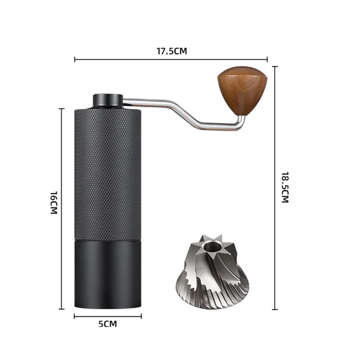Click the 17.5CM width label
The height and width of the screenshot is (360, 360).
[x=171, y=51]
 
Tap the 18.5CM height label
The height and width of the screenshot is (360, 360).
[x=284, y=187]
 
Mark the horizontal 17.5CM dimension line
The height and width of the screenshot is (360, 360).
[x=135, y=59]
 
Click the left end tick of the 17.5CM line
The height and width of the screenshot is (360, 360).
[x=75, y=59]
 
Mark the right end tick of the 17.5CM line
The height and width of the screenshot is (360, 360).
[x=267, y=59]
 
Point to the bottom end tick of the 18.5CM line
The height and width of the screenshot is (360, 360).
[x=275, y=309]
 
